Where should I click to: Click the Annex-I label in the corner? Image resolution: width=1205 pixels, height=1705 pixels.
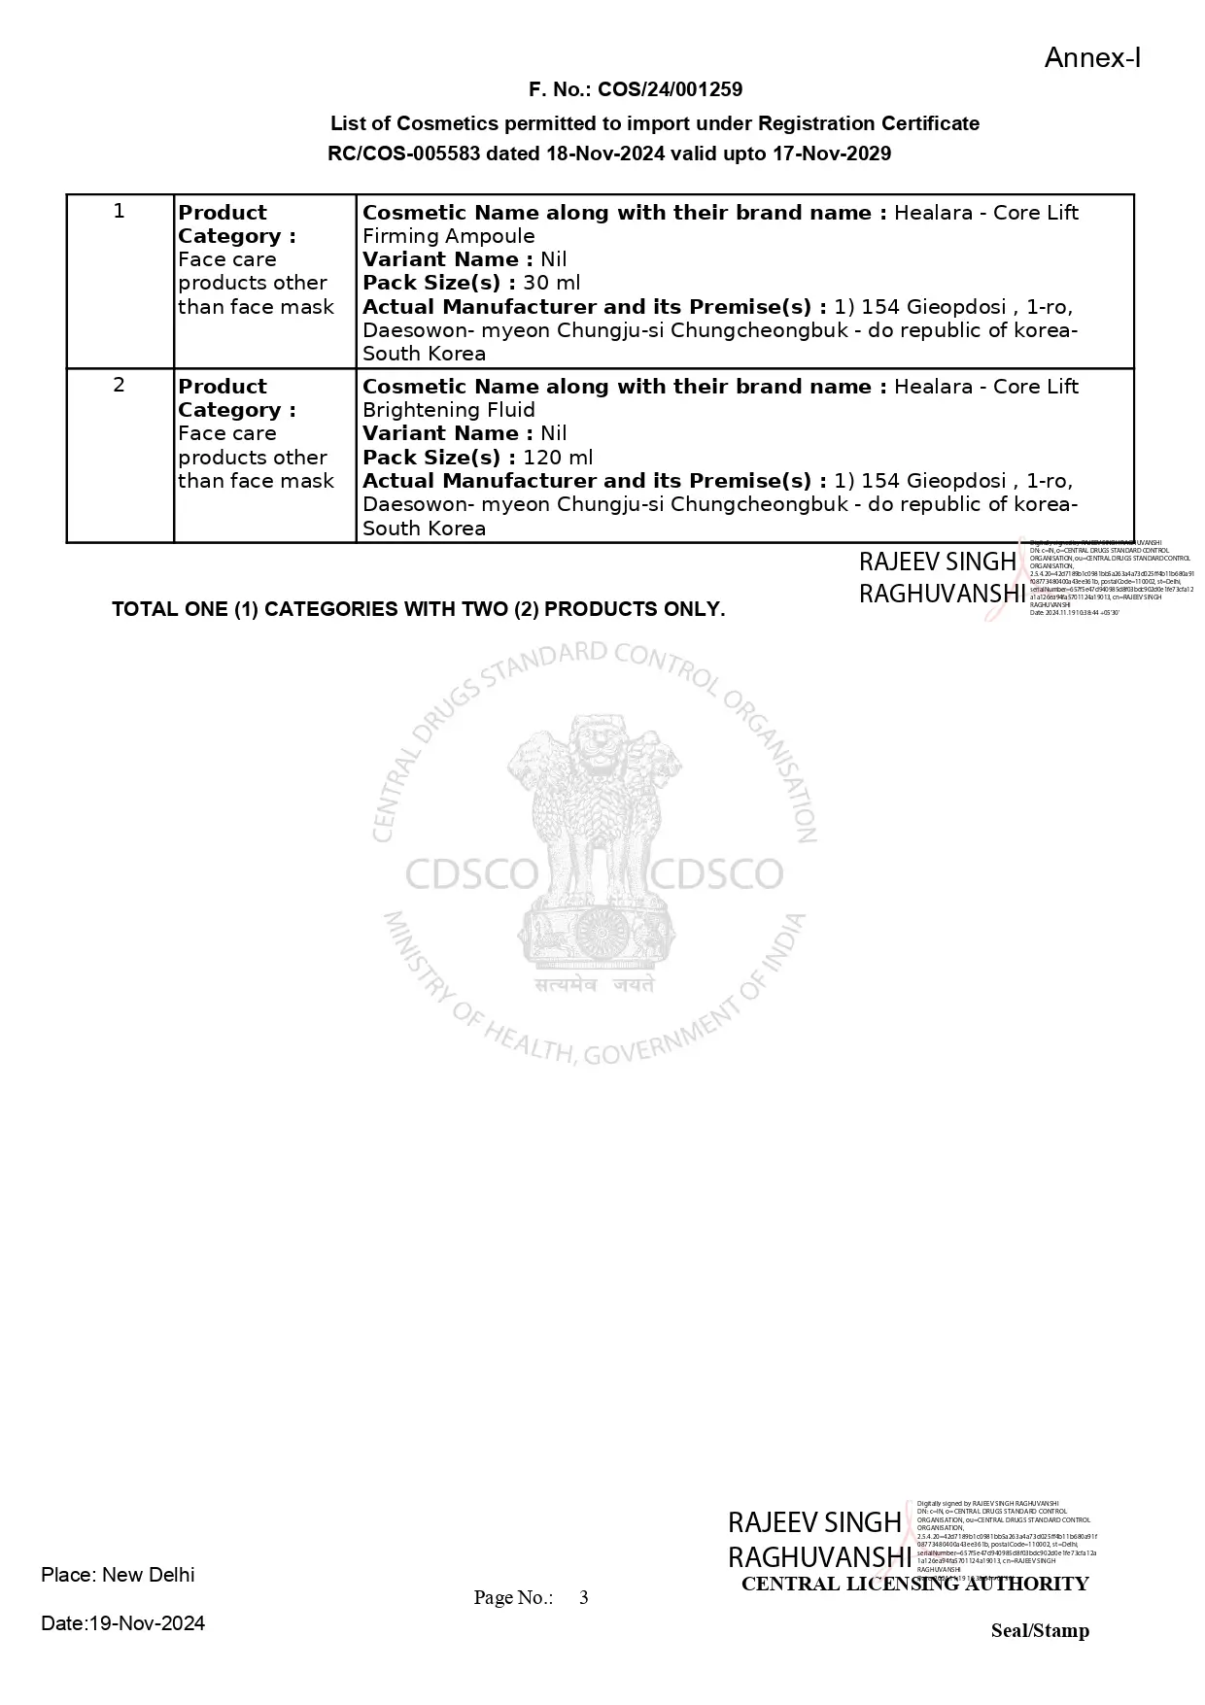[x=1092, y=58]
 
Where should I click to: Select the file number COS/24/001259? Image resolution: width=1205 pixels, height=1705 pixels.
[x=670, y=89]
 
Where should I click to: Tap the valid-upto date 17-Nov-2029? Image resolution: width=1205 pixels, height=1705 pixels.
[x=832, y=153]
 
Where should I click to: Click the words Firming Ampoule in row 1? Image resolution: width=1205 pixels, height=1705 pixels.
[x=448, y=236]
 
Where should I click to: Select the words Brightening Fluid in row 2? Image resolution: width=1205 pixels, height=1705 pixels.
[x=448, y=410]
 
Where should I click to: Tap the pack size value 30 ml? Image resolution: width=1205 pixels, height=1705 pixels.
[x=551, y=283]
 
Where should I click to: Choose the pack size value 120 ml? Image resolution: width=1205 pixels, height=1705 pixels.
[x=558, y=458]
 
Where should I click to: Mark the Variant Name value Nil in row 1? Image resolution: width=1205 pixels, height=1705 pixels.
[x=554, y=259]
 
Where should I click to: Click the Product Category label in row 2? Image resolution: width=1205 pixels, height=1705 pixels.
[x=236, y=398]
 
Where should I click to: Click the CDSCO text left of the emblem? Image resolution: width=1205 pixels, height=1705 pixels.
[x=470, y=875]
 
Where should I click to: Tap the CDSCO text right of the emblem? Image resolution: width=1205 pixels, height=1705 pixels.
[x=716, y=875]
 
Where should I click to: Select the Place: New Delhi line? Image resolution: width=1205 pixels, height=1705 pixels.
[x=118, y=1575]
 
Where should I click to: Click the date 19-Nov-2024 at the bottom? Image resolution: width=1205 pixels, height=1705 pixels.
[x=147, y=1623]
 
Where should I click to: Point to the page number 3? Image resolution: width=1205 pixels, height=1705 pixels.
[x=583, y=1598]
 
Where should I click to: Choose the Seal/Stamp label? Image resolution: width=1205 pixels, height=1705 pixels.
[x=1040, y=1631]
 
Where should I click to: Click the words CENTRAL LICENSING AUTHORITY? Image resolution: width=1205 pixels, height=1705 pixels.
[x=914, y=1585]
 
